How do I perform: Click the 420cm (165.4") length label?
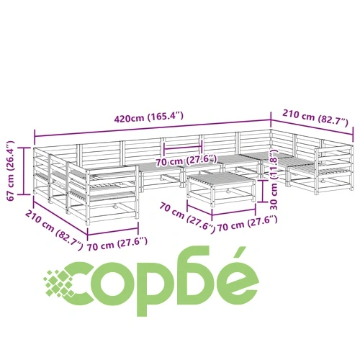pos(149,117)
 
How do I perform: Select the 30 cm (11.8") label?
pos(274,180)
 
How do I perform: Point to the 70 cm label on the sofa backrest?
pos(186,161)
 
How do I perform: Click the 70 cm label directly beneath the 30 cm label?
pos(247,224)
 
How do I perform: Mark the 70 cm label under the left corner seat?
pos(117,243)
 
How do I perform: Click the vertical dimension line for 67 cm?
pos(24,171)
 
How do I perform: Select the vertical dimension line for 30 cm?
pos(264,191)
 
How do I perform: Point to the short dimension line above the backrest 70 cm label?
pos(183,147)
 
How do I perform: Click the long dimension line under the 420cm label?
pos(153,128)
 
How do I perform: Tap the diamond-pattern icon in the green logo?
pos(59,284)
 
